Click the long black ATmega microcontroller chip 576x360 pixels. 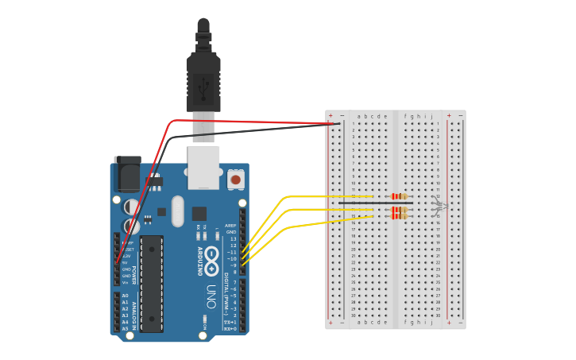(x=152, y=283)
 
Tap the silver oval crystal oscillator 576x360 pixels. (x=177, y=211)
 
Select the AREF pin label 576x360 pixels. (x=230, y=225)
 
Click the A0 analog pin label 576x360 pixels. (x=124, y=296)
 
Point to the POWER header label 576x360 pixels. (x=133, y=274)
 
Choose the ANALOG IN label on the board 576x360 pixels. (x=133, y=312)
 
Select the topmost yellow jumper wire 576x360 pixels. (x=318, y=196)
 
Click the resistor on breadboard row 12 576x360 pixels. (x=400, y=196)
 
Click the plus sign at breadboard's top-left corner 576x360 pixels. (x=331, y=115)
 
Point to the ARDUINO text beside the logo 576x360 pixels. (x=199, y=261)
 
